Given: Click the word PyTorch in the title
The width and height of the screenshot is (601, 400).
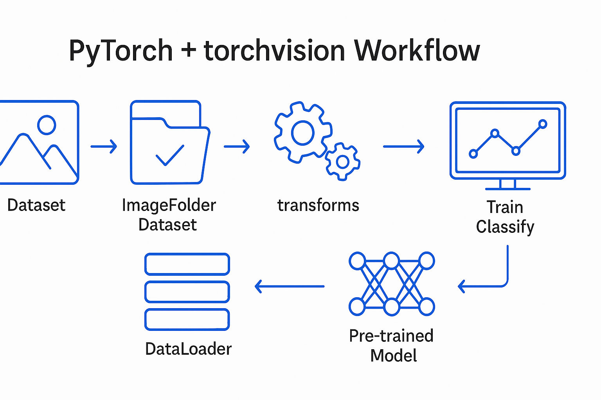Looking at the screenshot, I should point(121,51).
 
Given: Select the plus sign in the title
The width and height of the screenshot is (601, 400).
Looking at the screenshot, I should point(189,50).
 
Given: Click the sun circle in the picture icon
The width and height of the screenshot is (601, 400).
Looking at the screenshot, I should point(47,125).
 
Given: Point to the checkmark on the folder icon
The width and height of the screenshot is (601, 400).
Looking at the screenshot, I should point(170,155).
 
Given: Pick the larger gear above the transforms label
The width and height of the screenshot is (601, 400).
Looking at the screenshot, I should point(302,132).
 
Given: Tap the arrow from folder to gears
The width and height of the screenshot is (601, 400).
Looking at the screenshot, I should point(237,146).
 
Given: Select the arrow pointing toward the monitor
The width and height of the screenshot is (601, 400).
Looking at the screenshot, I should point(403,146).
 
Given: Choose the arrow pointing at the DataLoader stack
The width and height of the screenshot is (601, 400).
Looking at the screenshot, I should point(290,286).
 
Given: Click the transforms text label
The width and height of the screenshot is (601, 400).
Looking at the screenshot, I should point(318,205).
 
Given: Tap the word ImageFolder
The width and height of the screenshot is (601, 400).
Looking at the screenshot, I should point(169,205).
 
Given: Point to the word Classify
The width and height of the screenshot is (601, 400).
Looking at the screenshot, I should point(505,227).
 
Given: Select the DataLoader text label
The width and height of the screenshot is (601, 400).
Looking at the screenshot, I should point(188,349).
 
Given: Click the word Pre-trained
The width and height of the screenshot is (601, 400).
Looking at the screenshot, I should point(391,336).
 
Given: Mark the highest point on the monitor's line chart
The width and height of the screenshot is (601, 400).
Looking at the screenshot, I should point(542,124).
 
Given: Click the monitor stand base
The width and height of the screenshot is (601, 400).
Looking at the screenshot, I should point(507,189).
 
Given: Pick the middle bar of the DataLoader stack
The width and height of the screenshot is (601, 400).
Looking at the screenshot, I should point(187,292).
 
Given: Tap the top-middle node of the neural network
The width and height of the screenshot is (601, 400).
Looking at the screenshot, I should point(391,261).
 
